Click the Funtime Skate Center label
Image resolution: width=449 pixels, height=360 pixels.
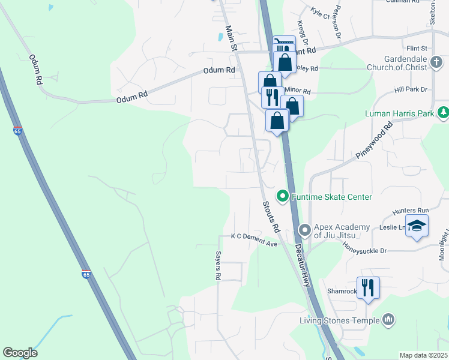(x=331, y=197)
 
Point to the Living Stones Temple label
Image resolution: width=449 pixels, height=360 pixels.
(x=339, y=320)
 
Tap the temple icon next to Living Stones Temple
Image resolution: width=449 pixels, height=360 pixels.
(x=388, y=320)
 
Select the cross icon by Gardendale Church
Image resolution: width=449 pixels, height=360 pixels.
(x=436, y=62)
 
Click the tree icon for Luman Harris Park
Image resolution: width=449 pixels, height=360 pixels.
(x=443, y=112)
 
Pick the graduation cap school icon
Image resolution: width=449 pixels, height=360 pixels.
(x=417, y=226)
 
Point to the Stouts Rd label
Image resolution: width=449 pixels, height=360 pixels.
(x=271, y=217)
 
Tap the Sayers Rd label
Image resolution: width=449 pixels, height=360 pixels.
(x=218, y=265)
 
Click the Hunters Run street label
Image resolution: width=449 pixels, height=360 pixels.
(x=411, y=211)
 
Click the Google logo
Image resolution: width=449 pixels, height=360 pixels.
(x=20, y=353)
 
